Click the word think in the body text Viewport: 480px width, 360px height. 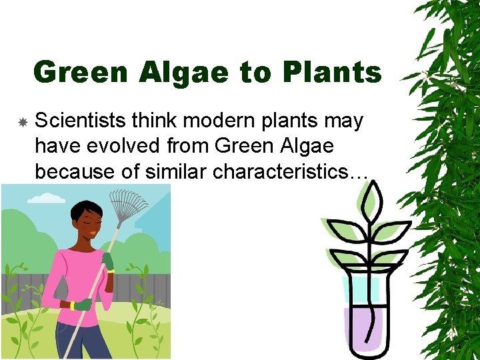(x=155, y=121)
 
